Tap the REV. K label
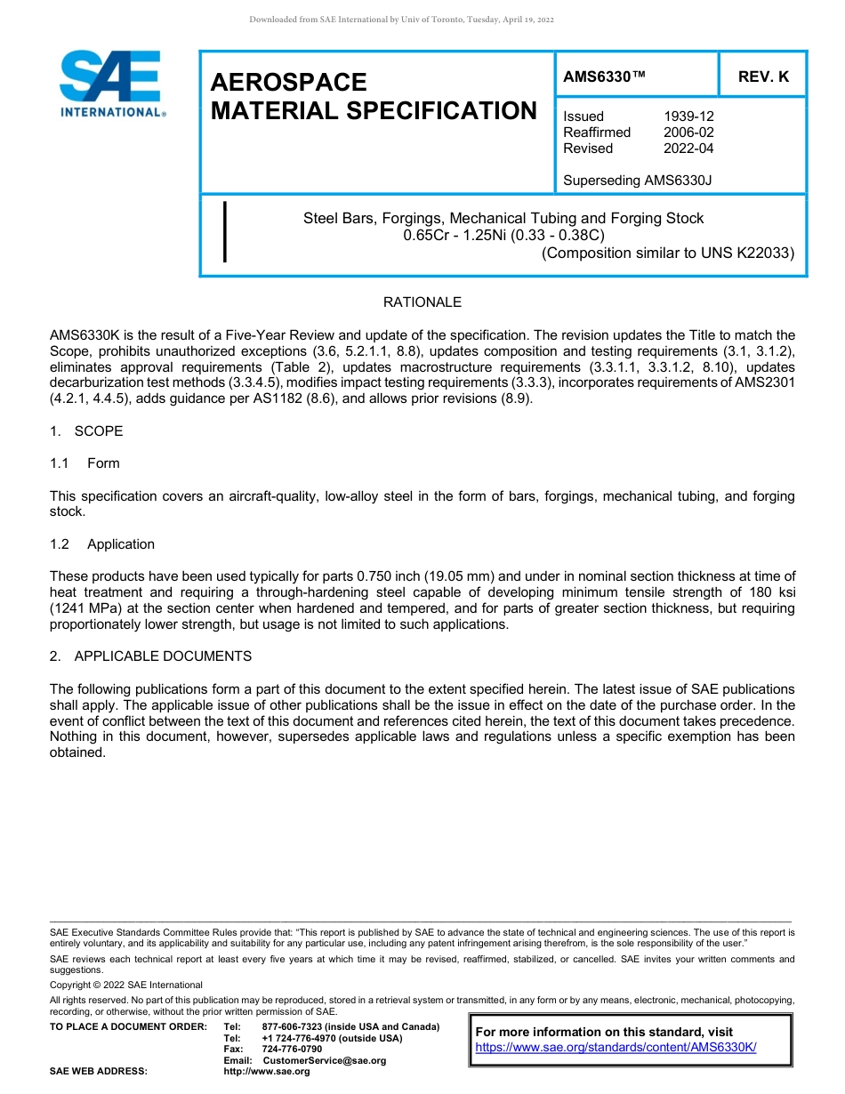click(x=763, y=77)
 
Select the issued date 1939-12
click(x=688, y=117)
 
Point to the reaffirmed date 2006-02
click(x=688, y=133)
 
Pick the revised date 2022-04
click(x=688, y=149)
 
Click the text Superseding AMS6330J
click(x=637, y=181)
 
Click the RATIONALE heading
click(x=422, y=302)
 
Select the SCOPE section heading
click(x=99, y=431)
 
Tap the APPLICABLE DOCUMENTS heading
click(x=163, y=656)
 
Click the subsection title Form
click(x=103, y=463)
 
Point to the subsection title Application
click(x=121, y=544)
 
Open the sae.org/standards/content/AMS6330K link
click(x=616, y=1047)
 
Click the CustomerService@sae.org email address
click(x=325, y=1060)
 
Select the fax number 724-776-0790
click(x=292, y=1050)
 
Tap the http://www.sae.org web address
click(x=267, y=1072)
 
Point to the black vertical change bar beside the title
click(x=224, y=231)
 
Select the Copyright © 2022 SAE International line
click(x=126, y=985)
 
